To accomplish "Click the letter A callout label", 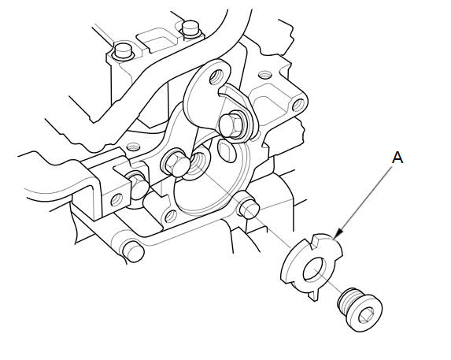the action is click(397, 158).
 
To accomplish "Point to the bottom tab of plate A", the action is click(314, 295).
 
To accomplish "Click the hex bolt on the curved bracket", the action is click(231, 124).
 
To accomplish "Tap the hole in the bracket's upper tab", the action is click(217, 77).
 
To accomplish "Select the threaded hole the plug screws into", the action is click(198, 165).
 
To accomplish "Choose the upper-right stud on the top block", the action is click(191, 28).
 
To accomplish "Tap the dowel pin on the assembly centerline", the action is click(249, 207).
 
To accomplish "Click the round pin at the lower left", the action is click(133, 251).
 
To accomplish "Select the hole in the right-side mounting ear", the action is click(298, 105).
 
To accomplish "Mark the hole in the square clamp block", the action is click(117, 199).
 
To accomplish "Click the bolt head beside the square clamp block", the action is click(137, 185).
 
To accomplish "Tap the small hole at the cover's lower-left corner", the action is click(171, 216).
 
